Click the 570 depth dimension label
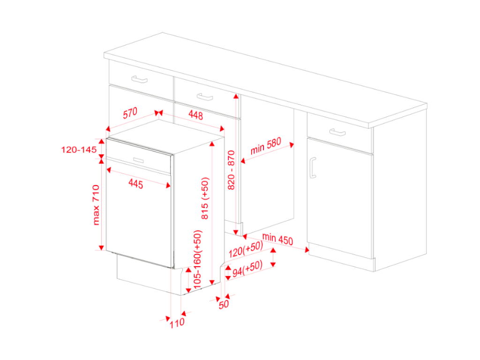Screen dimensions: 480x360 pos(130,113)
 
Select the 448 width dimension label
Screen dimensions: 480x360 pos(195,115)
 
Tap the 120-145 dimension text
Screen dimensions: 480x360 pos(79,150)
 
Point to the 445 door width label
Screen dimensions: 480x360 pos(136,184)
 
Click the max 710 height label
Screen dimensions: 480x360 pos(96,205)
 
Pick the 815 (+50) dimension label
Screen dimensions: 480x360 pos(205,198)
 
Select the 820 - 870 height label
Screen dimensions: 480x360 pos(231,170)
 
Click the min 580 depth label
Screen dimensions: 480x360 pos(266,146)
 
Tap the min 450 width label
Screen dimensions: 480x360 pos(277,239)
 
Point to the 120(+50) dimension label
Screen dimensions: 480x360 pos(246,249)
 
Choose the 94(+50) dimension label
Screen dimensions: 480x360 pos(247,269)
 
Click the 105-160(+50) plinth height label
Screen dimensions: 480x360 pos(198,259)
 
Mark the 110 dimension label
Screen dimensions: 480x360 pos(177,323)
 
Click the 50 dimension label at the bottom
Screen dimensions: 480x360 pos(224,304)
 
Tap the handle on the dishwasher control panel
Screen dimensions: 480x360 pos(139,160)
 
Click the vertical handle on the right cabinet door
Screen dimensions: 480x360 pos(313,167)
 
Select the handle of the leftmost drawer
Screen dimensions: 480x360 pos(139,79)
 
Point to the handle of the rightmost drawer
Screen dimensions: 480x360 pos(337,132)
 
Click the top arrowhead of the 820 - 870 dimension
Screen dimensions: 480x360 pos(236,96)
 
